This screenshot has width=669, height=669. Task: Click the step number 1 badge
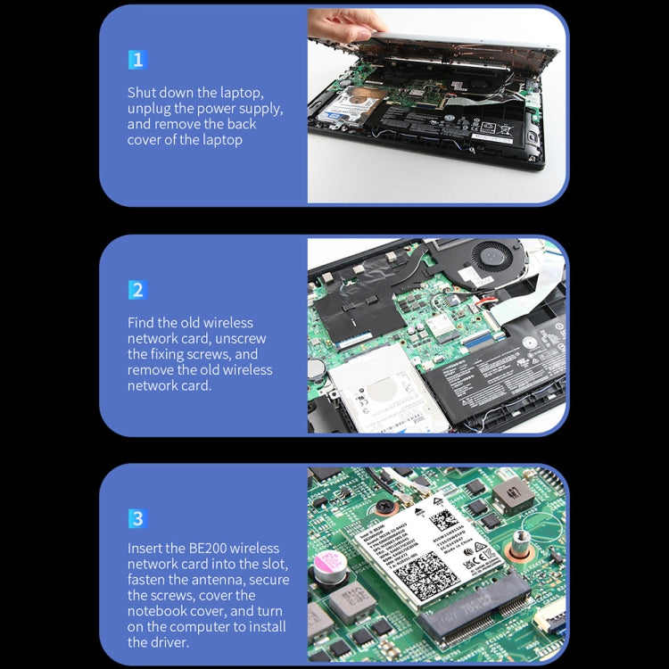136,61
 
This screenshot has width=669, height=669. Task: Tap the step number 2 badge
136,290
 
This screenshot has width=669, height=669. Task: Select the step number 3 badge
136,519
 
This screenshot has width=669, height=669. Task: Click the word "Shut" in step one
144,93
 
